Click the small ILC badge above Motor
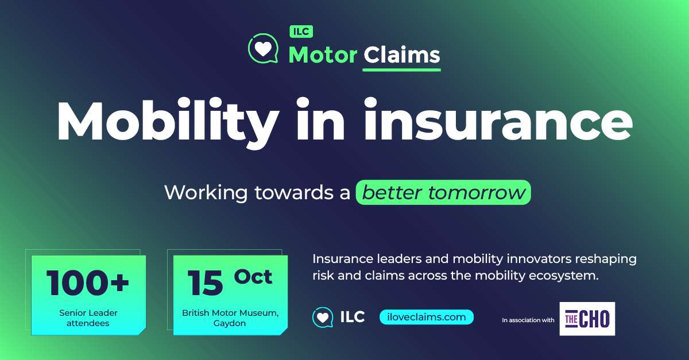[301, 32]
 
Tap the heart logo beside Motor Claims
[264, 49]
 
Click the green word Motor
[323, 55]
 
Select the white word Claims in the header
[402, 55]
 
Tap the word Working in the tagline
[206, 192]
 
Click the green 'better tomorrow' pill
[443, 192]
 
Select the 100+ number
[88, 282]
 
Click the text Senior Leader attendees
[88, 318]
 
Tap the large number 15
[205, 283]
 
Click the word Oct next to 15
[253, 277]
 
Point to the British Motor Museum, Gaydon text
[230, 318]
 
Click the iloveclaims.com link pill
[427, 317]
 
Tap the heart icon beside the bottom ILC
[323, 318]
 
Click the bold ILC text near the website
[353, 317]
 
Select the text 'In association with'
[528, 320]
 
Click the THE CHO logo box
[587, 319]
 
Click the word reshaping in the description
[606, 259]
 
